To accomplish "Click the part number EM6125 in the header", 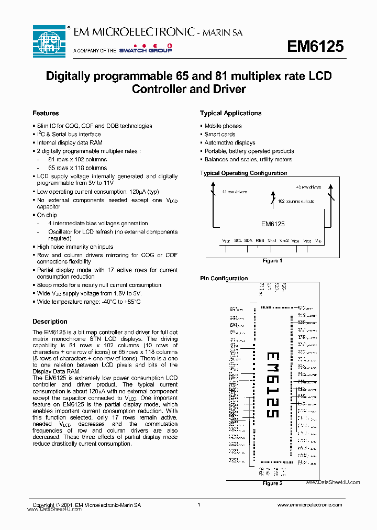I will click(x=315, y=47).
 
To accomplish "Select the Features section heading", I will click(x=46, y=113).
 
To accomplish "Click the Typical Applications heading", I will click(x=230, y=113).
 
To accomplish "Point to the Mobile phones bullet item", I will click(x=223, y=126).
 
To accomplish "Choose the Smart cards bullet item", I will click(x=219, y=134).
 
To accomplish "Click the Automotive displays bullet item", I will click(x=229, y=142).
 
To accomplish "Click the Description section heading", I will click(x=50, y=322).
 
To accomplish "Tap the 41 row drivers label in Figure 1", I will click(x=234, y=192).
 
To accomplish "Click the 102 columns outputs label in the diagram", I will click(x=295, y=201).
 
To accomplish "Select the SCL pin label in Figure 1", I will click(x=238, y=240).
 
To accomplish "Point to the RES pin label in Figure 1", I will click(x=260, y=240).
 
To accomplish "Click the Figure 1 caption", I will click(x=272, y=260).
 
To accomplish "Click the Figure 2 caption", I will click(x=272, y=483).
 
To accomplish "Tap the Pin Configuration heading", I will click(x=224, y=279).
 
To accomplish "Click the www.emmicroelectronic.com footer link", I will click(x=309, y=505).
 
